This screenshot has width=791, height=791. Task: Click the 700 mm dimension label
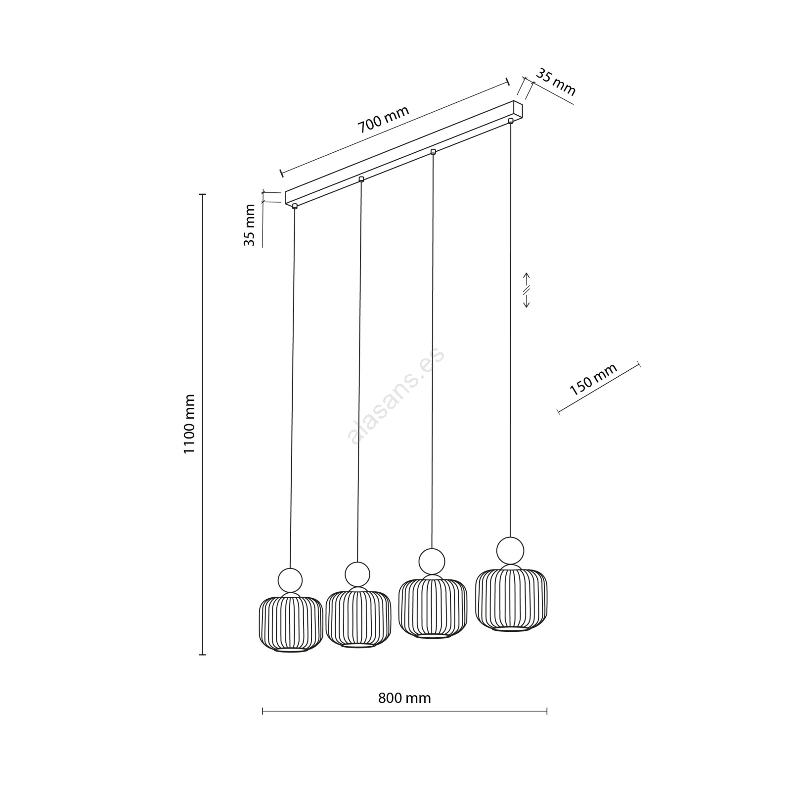[x=384, y=120]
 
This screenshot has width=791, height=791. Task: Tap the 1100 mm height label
[x=190, y=424]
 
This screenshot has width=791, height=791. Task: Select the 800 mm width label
[x=404, y=698]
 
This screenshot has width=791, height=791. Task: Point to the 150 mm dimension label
[x=593, y=380]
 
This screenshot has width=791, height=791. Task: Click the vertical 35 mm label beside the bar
[x=250, y=225]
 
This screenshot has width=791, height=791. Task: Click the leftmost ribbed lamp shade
[x=291, y=624]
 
